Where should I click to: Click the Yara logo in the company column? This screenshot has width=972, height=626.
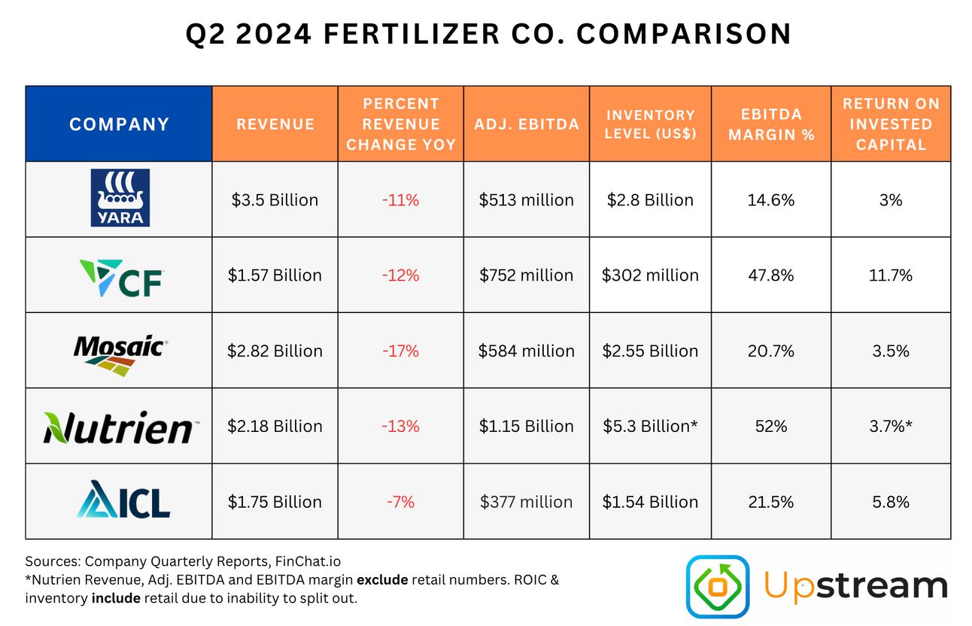pyautogui.click(x=120, y=199)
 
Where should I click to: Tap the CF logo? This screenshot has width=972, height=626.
pyautogui.click(x=120, y=275)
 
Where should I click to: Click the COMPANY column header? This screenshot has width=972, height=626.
pyautogui.click(x=119, y=124)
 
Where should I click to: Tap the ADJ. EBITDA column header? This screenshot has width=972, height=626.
pyautogui.click(x=527, y=124)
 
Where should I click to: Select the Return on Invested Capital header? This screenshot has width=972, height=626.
pyautogui.click(x=891, y=124)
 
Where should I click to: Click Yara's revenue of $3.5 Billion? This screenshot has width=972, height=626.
pyautogui.click(x=275, y=200)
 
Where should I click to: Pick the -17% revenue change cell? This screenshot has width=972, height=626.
pyautogui.click(x=401, y=351)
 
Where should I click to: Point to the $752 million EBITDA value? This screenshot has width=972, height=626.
pyautogui.click(x=527, y=275)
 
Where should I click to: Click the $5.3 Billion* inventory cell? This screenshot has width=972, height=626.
pyautogui.click(x=650, y=426)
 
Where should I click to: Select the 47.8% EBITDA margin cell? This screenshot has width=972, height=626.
pyautogui.click(x=771, y=275)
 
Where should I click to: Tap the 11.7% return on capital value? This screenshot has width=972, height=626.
pyautogui.click(x=891, y=275)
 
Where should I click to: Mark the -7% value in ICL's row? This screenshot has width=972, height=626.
pyautogui.click(x=401, y=502)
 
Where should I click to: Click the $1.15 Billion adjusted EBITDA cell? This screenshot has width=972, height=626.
pyautogui.click(x=527, y=426)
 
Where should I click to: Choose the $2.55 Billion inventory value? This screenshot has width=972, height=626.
pyautogui.click(x=650, y=351)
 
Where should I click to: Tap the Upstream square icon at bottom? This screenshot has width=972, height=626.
pyautogui.click(x=717, y=586)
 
